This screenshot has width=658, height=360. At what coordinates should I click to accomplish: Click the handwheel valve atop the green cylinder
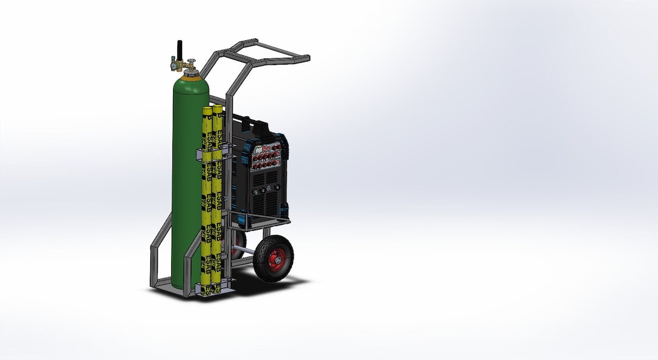click(x=191, y=59)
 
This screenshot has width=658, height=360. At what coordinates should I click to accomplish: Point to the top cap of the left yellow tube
click(x=207, y=111)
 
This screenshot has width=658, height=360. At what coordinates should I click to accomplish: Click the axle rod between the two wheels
click(x=246, y=250)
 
